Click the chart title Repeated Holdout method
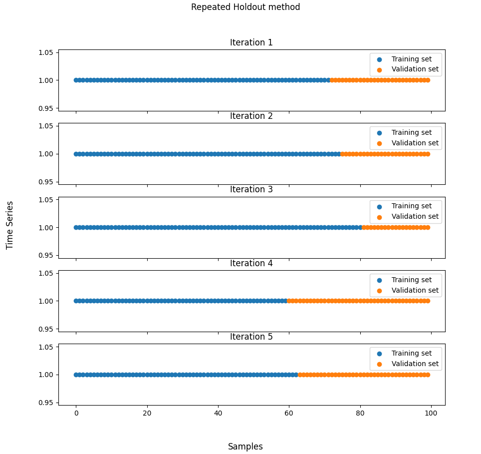pyautogui.click(x=245, y=7)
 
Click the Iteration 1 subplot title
pyautogui.click(x=251, y=42)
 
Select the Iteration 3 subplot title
pyautogui.click(x=251, y=189)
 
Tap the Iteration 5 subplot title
pyautogui.click(x=251, y=337)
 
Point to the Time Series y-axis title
pyautogui.click(x=10, y=225)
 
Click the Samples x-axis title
pyautogui.click(x=245, y=447)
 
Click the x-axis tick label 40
pyautogui.click(x=218, y=414)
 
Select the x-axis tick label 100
pyautogui.click(x=431, y=414)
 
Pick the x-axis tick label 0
pyautogui.click(x=76, y=414)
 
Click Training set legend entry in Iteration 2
pyautogui.click(x=411, y=132)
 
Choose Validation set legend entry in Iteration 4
pyautogui.click(x=415, y=290)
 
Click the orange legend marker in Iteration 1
pyautogui.click(x=379, y=69)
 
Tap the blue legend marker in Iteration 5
pyautogui.click(x=379, y=353)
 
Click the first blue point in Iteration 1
pyautogui.click(x=76, y=80)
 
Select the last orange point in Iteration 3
pyautogui.click(x=428, y=227)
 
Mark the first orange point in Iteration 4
pyautogui.click(x=289, y=301)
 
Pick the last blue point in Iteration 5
pyautogui.click(x=296, y=375)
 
